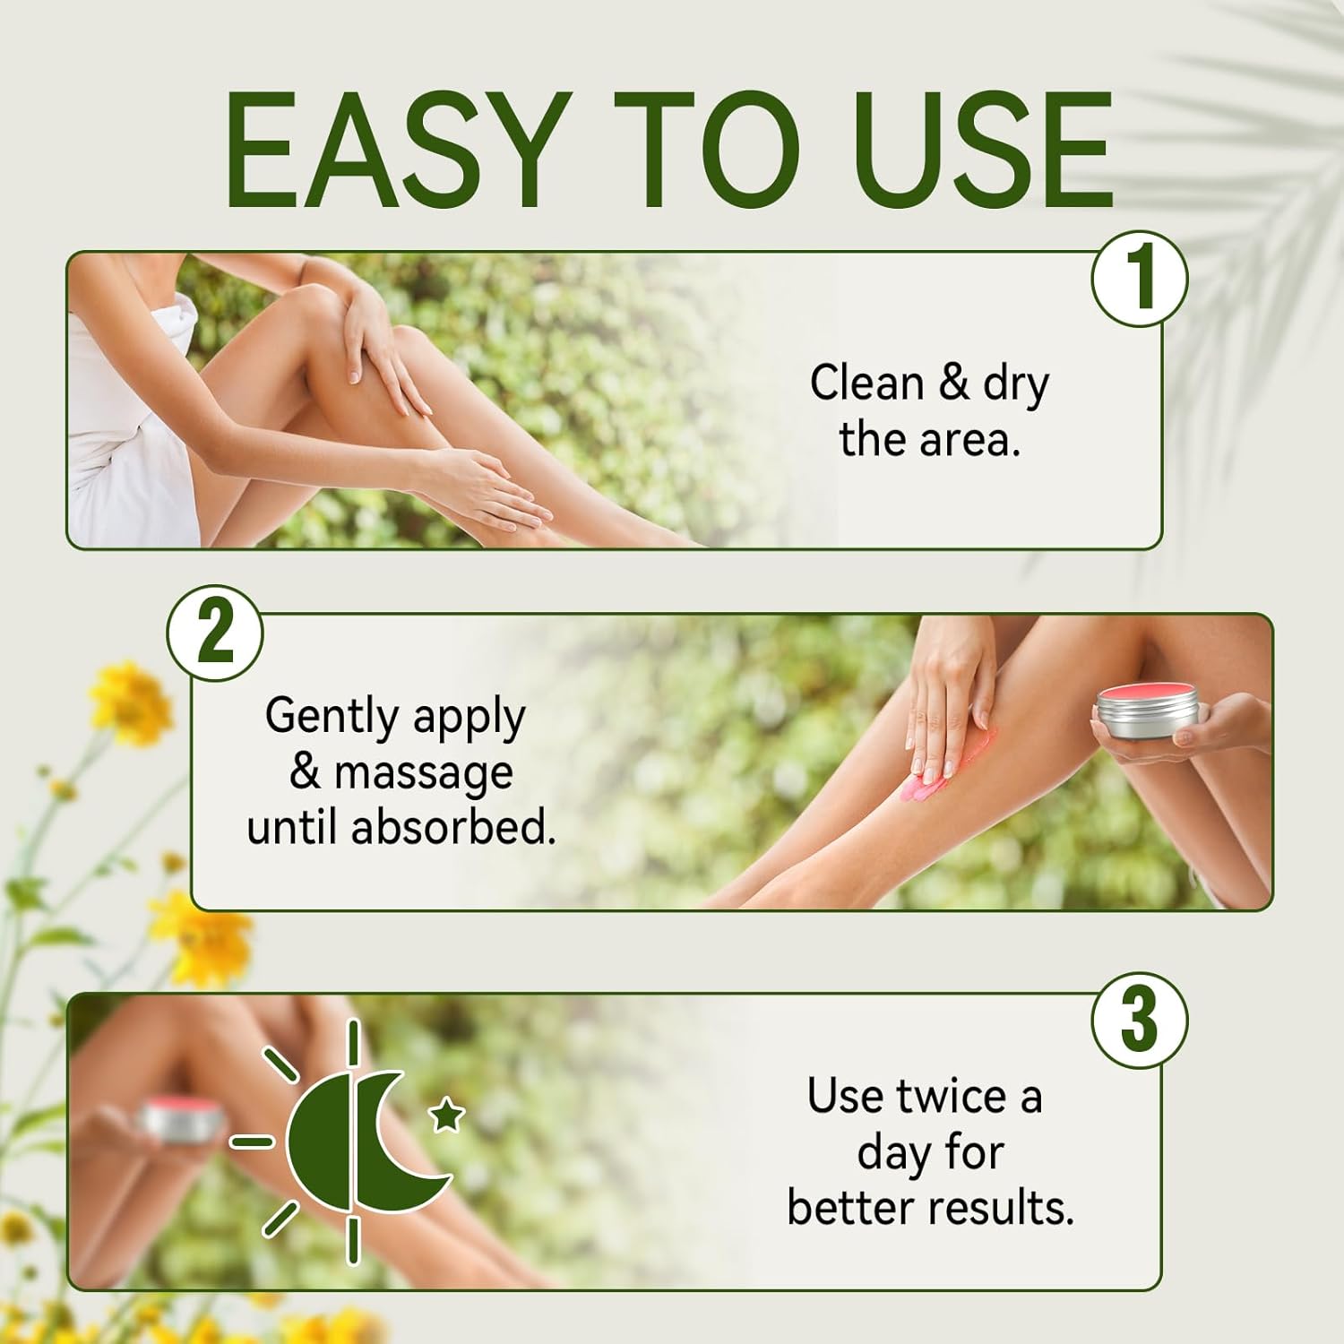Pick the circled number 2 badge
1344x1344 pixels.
215,633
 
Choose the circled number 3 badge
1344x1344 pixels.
1139,1021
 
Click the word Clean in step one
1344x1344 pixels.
867,383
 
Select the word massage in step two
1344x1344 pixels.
424,773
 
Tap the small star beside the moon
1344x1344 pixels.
448,1116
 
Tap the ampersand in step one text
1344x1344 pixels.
954,383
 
